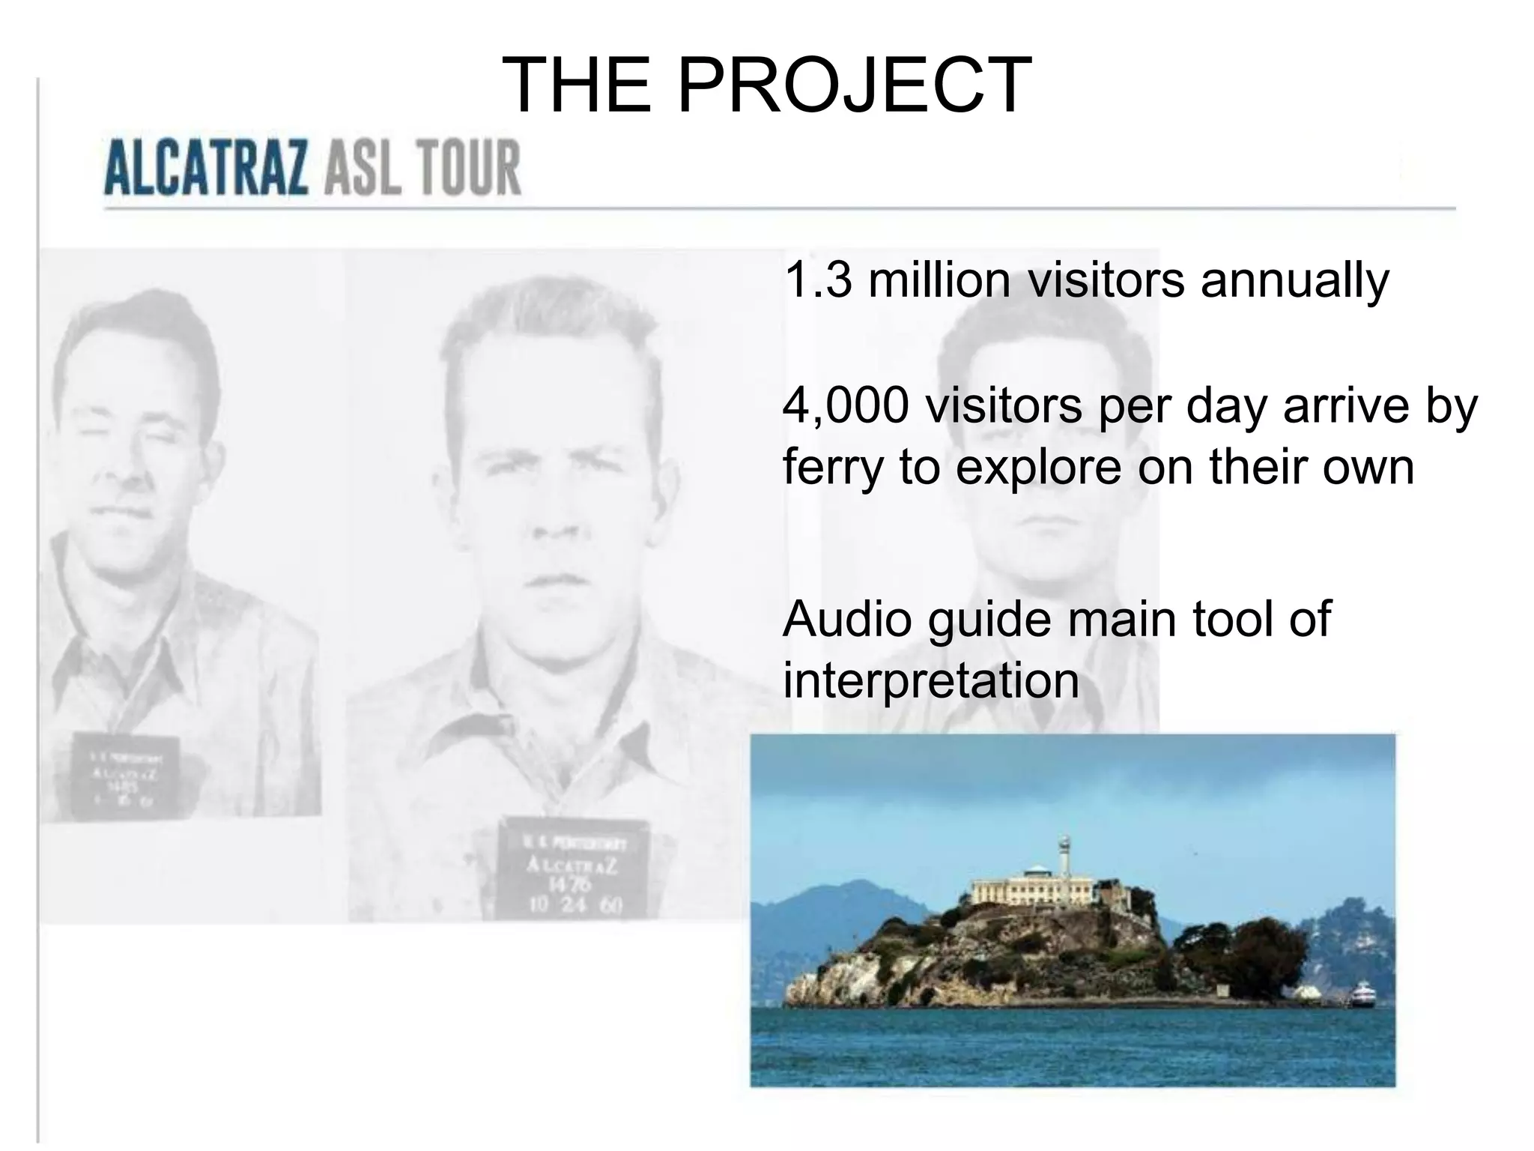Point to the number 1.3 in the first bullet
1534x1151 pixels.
pyautogui.click(x=817, y=280)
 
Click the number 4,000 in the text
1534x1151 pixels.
pyautogui.click(x=846, y=405)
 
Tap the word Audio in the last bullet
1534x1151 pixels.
pyautogui.click(x=846, y=619)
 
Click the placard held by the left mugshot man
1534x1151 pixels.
pyautogui.click(x=126, y=776)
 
